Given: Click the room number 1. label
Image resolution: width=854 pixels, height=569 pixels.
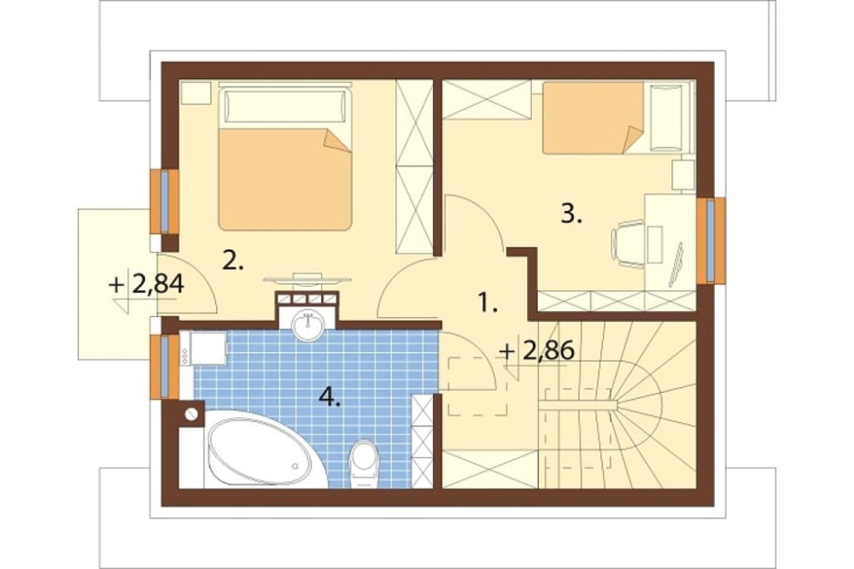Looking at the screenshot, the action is coord(488,302).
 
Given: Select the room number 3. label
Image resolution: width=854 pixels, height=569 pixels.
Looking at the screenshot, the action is coord(571,214).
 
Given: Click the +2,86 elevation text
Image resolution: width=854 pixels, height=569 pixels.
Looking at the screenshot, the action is coord(537,351).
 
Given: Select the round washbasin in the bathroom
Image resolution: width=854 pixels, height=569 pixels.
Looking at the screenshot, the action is coord(308,326).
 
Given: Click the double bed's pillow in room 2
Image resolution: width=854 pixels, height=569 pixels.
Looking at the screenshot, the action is coord(285,107).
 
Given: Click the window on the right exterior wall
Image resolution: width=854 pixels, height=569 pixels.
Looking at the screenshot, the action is coord(711,240).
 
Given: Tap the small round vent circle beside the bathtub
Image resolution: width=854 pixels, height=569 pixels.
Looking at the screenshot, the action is coord(191,414).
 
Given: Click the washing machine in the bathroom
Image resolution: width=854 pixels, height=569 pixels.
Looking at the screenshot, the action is coord(203,349).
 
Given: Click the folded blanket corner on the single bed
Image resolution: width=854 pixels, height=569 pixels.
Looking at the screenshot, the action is coord(633,139).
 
